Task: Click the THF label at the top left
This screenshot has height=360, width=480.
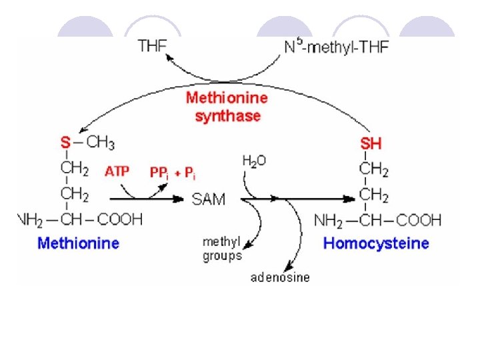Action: pos(153,47)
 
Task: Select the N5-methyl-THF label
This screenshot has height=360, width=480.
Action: pos(336,47)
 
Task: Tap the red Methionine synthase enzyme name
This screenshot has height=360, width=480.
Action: pos(227,107)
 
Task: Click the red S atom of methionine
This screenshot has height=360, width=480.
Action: pos(65,143)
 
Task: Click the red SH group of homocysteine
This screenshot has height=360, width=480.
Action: pos(371,143)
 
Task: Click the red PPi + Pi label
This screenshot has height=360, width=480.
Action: pos(173,173)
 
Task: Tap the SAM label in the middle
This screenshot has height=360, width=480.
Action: pos(209,199)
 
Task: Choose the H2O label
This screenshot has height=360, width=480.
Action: pos(255,161)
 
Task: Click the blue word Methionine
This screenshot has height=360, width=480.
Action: pos(78,243)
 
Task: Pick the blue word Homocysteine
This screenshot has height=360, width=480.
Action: pos(375,243)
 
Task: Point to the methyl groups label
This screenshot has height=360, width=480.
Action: pos(222,248)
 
